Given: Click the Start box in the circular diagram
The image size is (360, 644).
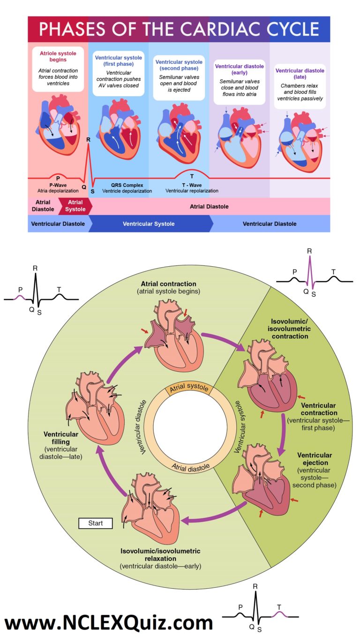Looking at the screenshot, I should (95, 523).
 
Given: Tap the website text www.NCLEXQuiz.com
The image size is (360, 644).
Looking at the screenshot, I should (109, 623).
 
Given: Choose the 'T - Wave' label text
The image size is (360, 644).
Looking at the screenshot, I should (192, 185).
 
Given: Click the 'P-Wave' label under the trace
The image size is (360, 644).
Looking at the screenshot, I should (58, 185).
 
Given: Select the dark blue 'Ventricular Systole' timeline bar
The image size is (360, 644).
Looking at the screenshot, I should (149, 224).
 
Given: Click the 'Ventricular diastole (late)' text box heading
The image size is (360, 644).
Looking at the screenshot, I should (300, 74).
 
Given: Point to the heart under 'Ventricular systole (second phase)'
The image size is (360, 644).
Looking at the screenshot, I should (179, 131).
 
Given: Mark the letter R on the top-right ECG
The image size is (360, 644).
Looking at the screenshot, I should (309, 251).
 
